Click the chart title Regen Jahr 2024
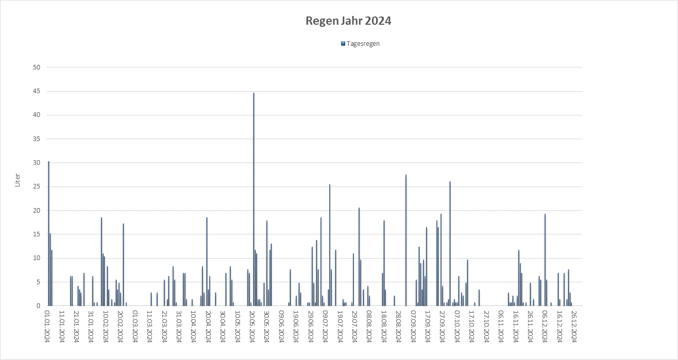click(x=348, y=21)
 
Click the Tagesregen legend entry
click(x=363, y=44)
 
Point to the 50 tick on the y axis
click(x=37, y=67)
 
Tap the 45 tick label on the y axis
click(x=37, y=91)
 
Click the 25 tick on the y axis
click(x=37, y=186)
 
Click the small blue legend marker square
click(x=343, y=44)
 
